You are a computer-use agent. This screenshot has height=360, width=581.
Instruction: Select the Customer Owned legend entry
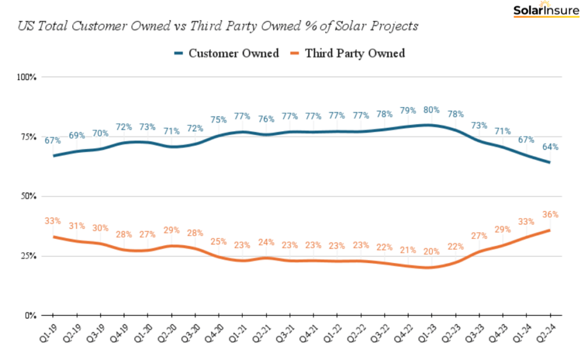pyautogui.click(x=226, y=53)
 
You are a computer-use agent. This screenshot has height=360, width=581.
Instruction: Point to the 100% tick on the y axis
pyautogui.click(x=26, y=77)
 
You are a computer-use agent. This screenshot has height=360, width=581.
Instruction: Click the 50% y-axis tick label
pyautogui.click(x=28, y=196)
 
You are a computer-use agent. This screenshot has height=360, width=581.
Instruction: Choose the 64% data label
pyautogui.click(x=550, y=146)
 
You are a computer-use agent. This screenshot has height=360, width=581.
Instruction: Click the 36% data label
pyautogui.click(x=550, y=215)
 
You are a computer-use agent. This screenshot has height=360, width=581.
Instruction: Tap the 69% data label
pyautogui.click(x=77, y=135)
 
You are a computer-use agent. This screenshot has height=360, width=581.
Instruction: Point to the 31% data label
pyautogui.click(x=77, y=226)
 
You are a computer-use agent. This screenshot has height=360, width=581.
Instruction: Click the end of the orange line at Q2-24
pyautogui.click(x=550, y=229)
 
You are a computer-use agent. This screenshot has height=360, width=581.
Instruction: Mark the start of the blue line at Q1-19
pyautogui.click(x=53, y=156)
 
